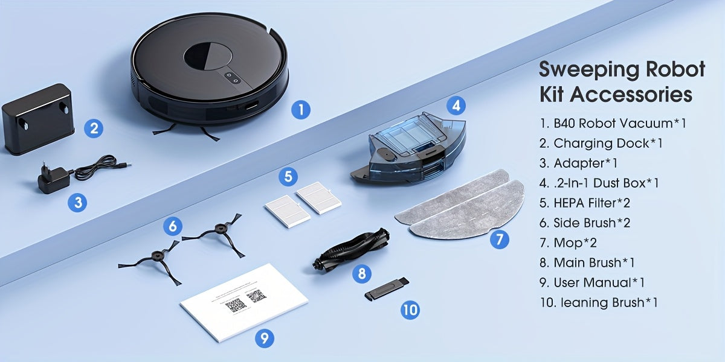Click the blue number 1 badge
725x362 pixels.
300,110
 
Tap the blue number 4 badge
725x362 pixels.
456,106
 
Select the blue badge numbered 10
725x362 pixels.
410,310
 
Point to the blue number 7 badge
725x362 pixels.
499,240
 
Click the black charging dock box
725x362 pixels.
38,118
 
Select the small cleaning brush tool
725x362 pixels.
387,288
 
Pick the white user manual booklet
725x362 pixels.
244,301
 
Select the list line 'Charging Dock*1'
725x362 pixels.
608,143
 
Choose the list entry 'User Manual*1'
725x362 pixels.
599,282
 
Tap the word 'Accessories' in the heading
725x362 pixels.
631,95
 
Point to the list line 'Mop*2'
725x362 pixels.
575,243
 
